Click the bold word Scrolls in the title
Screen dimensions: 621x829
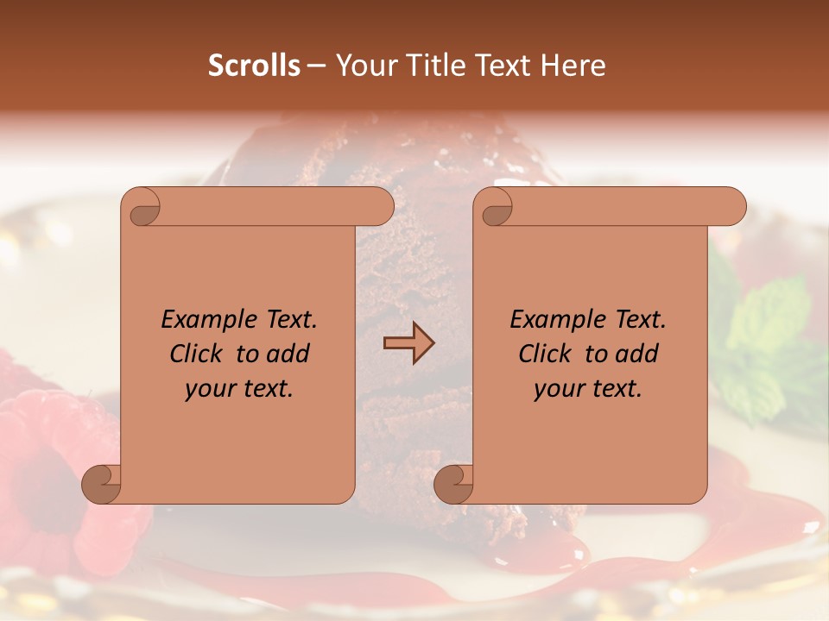coord(254,66)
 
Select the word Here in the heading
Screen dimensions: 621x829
coord(573,66)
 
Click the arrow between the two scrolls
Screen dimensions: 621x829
coord(408,342)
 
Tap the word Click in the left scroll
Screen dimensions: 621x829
coord(197,354)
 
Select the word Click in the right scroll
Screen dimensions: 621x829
coord(546,354)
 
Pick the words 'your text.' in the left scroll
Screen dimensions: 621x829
coord(238,389)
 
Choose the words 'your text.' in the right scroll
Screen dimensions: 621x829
coord(587,389)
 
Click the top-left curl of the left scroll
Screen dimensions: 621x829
coord(143,208)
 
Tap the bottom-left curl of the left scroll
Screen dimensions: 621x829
coord(102,484)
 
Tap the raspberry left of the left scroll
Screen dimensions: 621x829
coord(47,431)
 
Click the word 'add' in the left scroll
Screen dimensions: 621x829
coord(289,354)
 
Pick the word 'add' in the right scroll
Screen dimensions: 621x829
coord(638,354)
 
